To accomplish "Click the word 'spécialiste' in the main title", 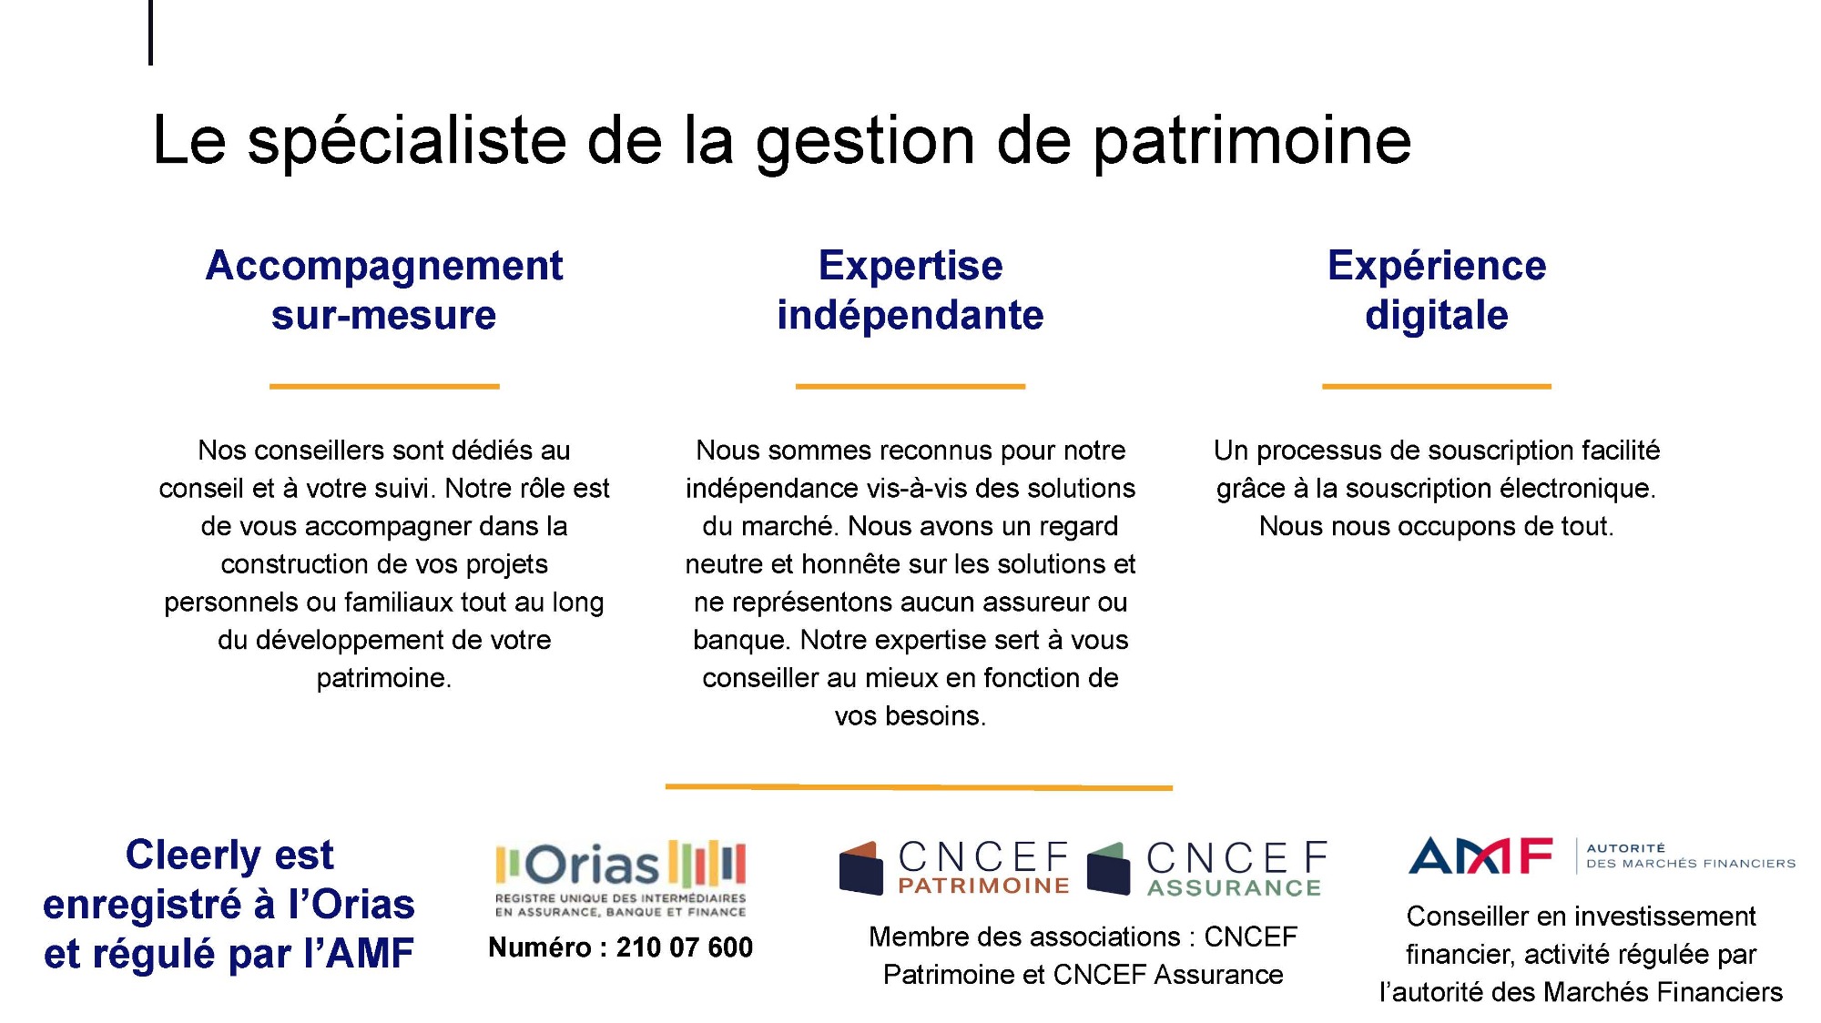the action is [x=407, y=141].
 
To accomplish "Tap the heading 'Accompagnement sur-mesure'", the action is [x=384, y=290].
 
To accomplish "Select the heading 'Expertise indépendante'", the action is [x=910, y=290].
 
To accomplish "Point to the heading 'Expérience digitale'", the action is [x=1437, y=290].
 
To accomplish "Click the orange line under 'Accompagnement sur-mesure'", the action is [x=384, y=386].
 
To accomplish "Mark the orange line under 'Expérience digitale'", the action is [x=1437, y=386].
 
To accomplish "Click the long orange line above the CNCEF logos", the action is [x=919, y=786].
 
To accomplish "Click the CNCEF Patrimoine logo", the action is [x=953, y=867].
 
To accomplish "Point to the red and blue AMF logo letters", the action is [x=1480, y=856].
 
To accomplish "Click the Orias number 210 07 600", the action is [x=685, y=947].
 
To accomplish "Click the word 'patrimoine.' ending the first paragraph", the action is [x=384, y=679].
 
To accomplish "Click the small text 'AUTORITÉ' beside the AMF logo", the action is [x=1626, y=848].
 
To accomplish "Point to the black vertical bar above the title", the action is [x=150, y=33].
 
